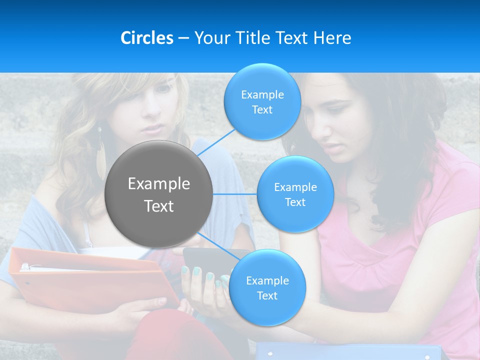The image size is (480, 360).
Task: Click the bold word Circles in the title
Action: (147, 38)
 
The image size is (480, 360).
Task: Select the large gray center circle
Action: (159, 194)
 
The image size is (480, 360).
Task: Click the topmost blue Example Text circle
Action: (262, 101)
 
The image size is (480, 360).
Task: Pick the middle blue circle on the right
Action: (295, 194)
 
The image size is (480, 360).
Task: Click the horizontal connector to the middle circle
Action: (234, 194)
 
